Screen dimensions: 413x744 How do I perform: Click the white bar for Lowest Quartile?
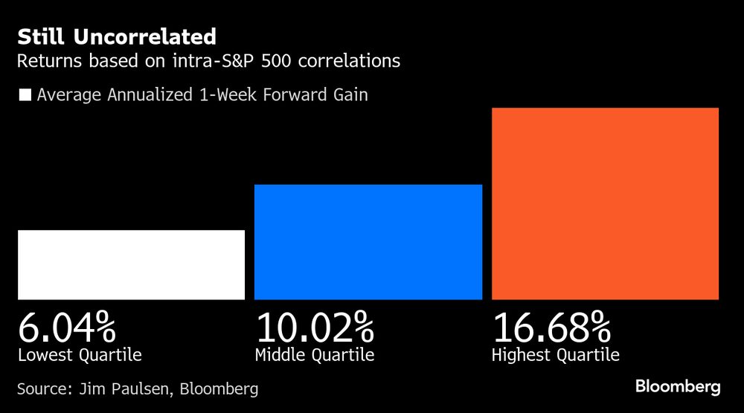pyautogui.click(x=131, y=264)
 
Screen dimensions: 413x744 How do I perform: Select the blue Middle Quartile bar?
pyautogui.click(x=368, y=241)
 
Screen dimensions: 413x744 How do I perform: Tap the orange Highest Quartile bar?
pyautogui.click(x=605, y=204)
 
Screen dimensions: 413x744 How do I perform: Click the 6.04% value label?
pyautogui.click(x=67, y=328)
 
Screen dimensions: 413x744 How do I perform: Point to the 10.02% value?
pyautogui.click(x=315, y=328)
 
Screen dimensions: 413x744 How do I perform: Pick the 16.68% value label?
pyautogui.click(x=551, y=328)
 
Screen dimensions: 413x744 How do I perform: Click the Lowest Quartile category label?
pyautogui.click(x=80, y=355)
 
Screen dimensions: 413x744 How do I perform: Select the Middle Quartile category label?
pyautogui.click(x=315, y=355)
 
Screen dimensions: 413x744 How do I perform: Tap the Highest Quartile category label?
pyautogui.click(x=556, y=355)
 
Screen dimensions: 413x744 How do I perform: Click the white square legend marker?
pyautogui.click(x=25, y=95)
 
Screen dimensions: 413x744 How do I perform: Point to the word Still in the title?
pyautogui.click(x=39, y=36)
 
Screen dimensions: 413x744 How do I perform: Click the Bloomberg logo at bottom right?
pyautogui.click(x=678, y=387)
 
